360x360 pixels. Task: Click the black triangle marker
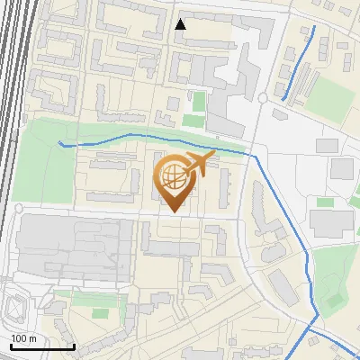coord(181,24)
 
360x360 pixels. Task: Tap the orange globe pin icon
coord(174,178)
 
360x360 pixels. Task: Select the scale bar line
coord(42,346)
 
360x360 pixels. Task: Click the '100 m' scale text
coord(23,338)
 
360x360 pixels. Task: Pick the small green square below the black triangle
coord(193,121)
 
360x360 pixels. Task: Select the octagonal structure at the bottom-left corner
coord(16,308)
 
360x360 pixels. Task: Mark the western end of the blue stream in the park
coord(60,142)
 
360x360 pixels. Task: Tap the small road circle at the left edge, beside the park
coord(16,208)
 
